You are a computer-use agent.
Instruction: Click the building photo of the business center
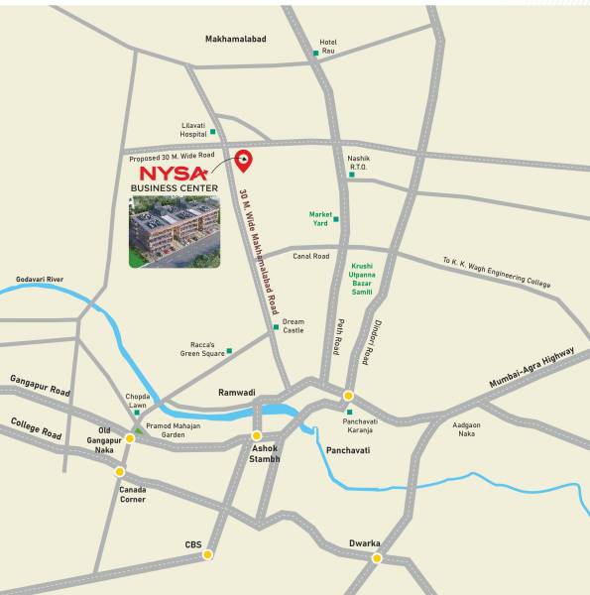(175, 231)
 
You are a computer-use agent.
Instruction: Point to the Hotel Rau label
(328, 47)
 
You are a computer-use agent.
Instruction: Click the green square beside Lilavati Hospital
(212, 131)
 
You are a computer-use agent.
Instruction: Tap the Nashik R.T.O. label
(358, 163)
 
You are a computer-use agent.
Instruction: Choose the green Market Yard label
(320, 218)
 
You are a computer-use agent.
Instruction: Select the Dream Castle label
(294, 325)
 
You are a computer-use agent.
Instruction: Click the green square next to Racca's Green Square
(229, 350)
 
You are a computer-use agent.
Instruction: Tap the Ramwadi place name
(237, 393)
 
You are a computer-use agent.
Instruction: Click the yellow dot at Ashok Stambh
(256, 435)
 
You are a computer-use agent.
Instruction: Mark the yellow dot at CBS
(207, 554)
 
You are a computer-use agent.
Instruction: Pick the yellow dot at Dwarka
(377, 558)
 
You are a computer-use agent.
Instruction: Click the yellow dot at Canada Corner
(120, 471)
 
